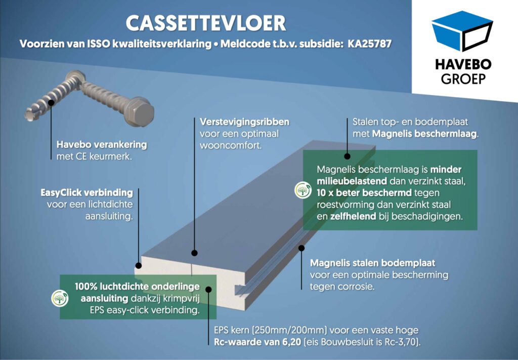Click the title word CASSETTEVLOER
click(206, 23)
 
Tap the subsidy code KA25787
click(369, 44)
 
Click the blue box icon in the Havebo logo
click(462, 31)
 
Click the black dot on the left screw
click(51, 102)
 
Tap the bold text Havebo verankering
click(102, 145)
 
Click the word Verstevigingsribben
click(244, 122)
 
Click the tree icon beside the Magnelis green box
click(303, 190)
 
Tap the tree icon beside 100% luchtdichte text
click(60, 298)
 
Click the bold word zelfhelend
click(353, 217)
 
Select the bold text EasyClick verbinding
click(87, 193)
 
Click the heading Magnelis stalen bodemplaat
click(373, 263)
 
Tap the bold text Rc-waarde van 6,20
click(257, 342)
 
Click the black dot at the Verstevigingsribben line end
click(195, 253)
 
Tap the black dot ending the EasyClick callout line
click(139, 265)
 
